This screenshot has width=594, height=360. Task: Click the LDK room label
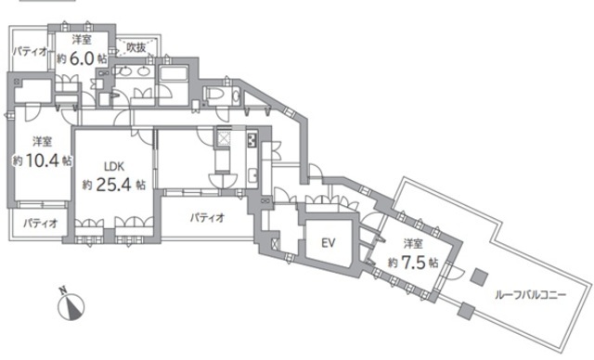tap(114, 167)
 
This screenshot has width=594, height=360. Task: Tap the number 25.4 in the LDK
tap(113, 185)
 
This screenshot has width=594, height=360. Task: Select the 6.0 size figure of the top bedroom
tap(82, 58)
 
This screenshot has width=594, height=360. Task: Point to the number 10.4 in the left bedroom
tap(43, 161)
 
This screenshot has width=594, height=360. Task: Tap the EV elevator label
tap(328, 243)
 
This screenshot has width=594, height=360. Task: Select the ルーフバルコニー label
tap(530, 294)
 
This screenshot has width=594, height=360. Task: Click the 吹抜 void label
tap(136, 47)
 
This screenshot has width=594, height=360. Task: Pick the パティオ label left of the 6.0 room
tap(31, 51)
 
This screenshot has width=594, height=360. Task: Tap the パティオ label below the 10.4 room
tap(40, 223)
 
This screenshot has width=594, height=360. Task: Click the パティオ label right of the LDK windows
tap(207, 218)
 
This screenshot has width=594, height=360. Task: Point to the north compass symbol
tap(71, 306)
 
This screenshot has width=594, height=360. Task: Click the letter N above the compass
tap(63, 290)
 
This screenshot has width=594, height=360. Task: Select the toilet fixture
tap(223, 96)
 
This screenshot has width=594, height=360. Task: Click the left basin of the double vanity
tap(123, 71)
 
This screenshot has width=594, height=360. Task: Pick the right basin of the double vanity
tap(143, 71)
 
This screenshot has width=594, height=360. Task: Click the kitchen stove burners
tap(252, 140)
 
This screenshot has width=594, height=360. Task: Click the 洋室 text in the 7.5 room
tap(412, 244)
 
